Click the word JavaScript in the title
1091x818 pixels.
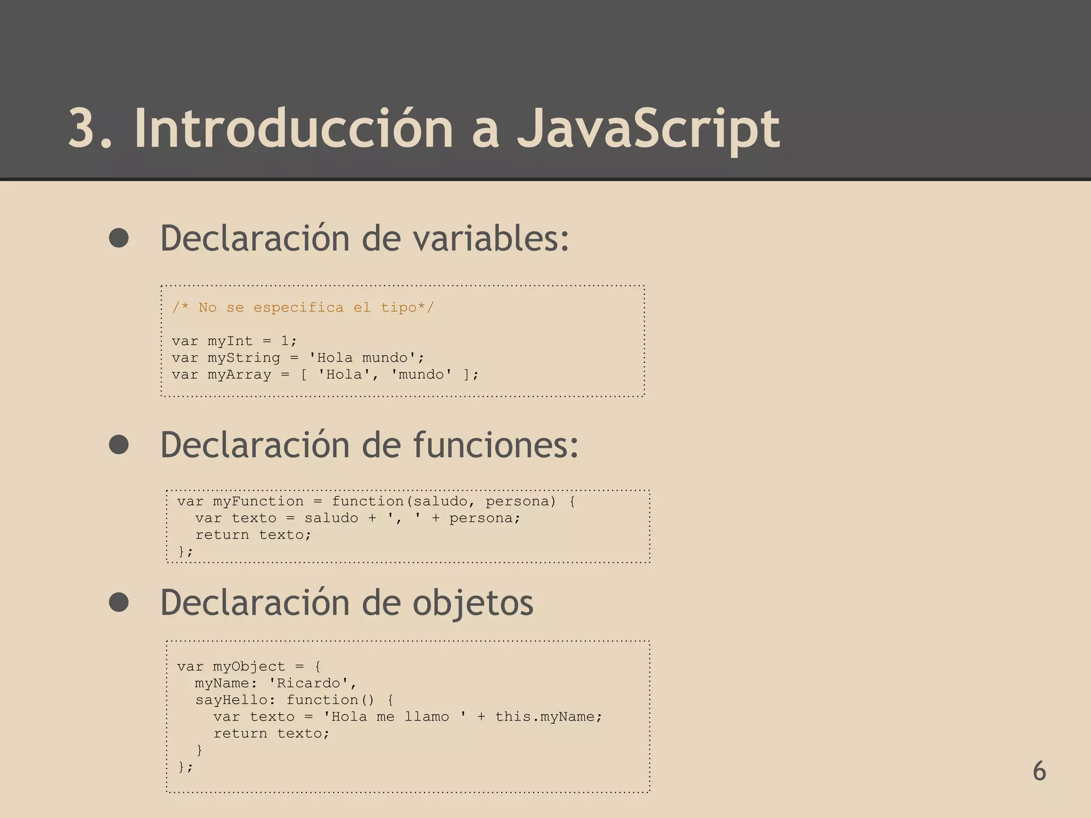point(648,129)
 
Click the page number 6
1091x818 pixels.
point(1039,771)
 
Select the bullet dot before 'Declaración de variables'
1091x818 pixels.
point(119,238)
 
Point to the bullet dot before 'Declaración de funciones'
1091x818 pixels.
point(119,445)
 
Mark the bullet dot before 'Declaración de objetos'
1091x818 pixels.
point(119,602)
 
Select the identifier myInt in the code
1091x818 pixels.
point(230,341)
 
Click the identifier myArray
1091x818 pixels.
point(239,374)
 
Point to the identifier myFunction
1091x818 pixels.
point(258,501)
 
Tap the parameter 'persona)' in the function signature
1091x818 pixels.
point(520,501)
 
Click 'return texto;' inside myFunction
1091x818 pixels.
point(253,535)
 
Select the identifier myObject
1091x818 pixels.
point(249,666)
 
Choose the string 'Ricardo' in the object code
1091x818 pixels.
point(312,683)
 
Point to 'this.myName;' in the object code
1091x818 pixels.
point(549,716)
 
